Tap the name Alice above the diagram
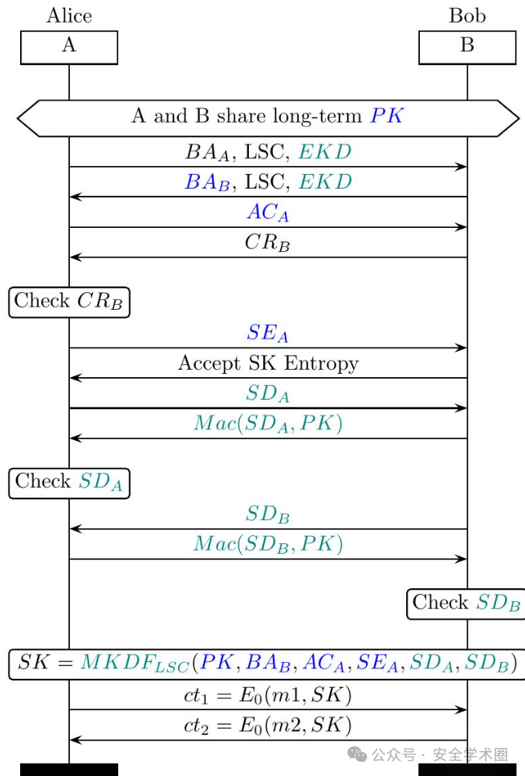coord(69,15)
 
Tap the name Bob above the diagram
coord(467,15)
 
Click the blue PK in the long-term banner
coord(387,116)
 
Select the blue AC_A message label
coord(268,213)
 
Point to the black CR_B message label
coord(267,242)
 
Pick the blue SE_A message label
coord(267,333)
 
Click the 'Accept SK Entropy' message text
coord(268,364)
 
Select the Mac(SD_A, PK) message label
coord(268,424)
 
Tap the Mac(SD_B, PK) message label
coord(268,544)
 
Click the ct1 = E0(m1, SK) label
coord(267,695)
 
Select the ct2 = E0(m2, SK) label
coord(267,725)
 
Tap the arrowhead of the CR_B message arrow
coord(75,258)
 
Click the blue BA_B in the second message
coord(208,182)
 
